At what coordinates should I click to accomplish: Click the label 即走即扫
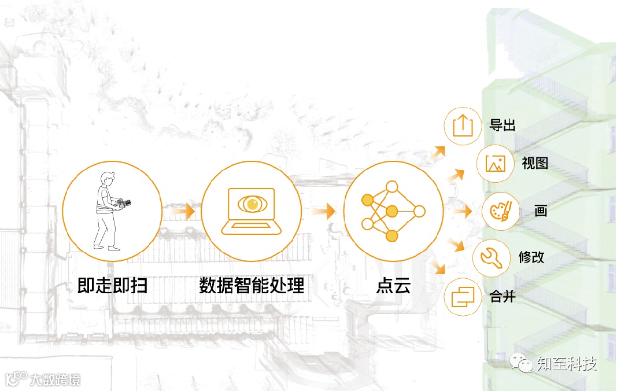(x=112, y=286)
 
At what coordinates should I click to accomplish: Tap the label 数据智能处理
(x=252, y=286)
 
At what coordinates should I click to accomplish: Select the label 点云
(x=393, y=286)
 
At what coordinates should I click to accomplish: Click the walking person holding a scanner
(x=109, y=211)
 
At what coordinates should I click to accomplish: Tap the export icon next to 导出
(x=463, y=126)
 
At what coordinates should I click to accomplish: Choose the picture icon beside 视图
(x=496, y=164)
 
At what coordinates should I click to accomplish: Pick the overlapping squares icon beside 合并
(x=463, y=297)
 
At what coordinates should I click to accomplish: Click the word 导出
(x=502, y=125)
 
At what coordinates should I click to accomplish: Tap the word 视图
(x=534, y=163)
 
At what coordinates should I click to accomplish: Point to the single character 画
(x=541, y=211)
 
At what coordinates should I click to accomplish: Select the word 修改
(x=531, y=257)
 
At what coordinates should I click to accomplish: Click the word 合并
(x=502, y=297)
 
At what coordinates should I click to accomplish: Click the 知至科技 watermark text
(x=566, y=364)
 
